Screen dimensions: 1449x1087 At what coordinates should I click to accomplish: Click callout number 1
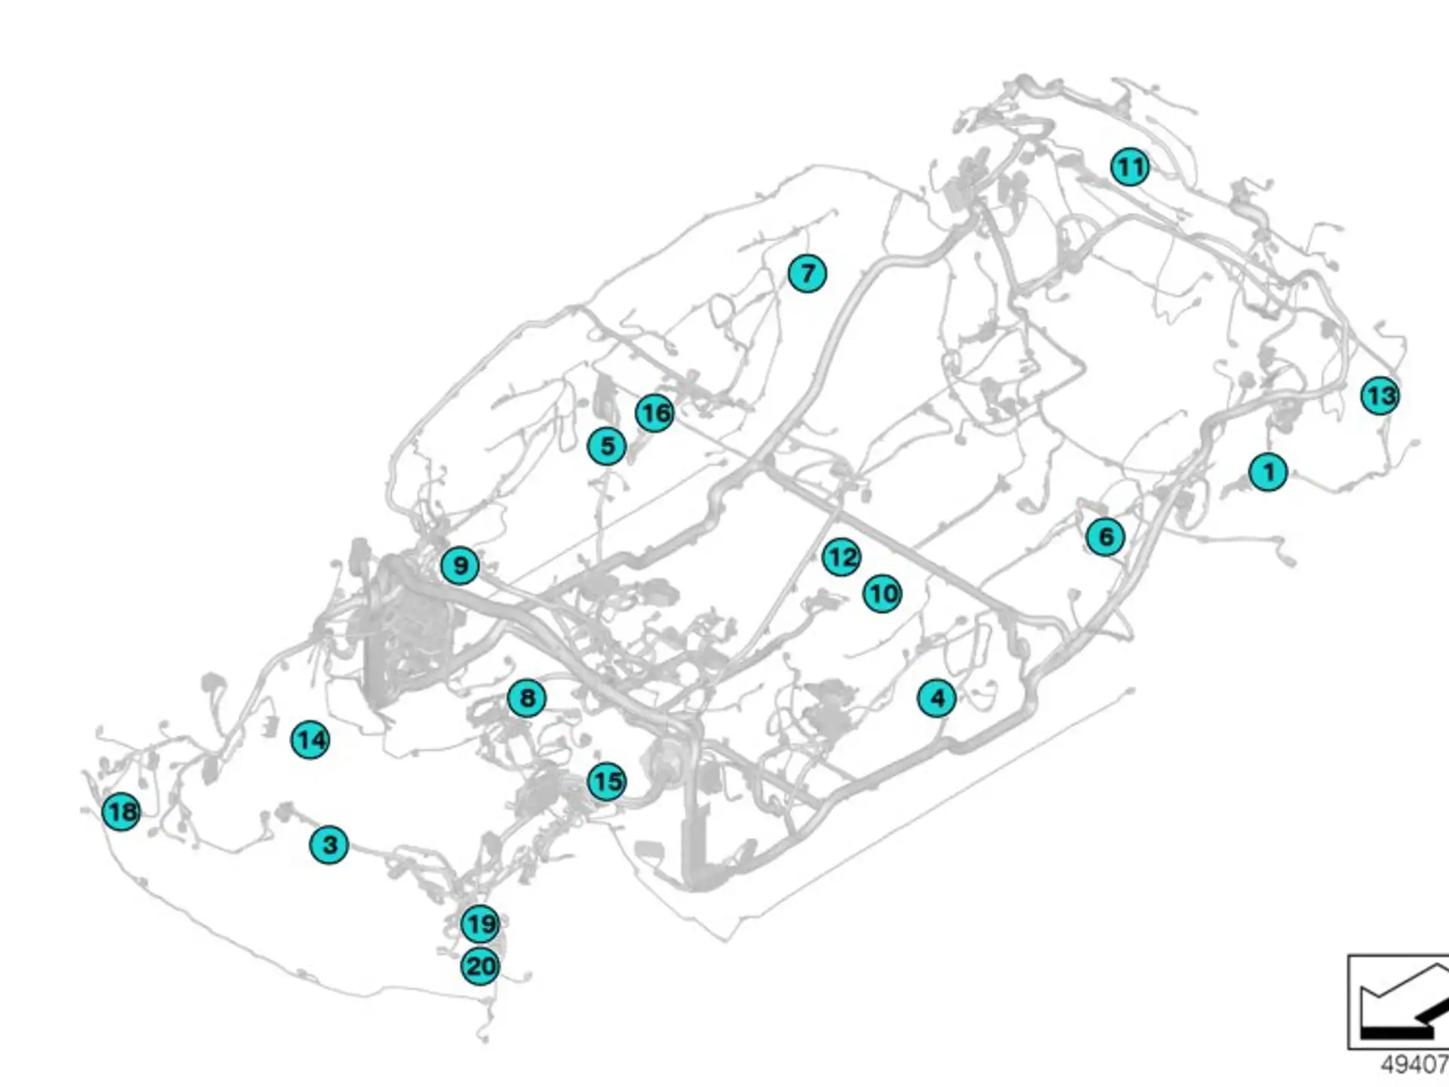pyautogui.click(x=1268, y=472)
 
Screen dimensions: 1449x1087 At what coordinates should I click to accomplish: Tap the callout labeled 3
pyautogui.click(x=329, y=845)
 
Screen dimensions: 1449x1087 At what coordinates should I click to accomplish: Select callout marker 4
pyautogui.click(x=937, y=698)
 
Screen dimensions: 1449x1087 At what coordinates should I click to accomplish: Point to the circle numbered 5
pyautogui.click(x=607, y=446)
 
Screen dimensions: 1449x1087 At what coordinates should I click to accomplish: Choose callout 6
pyautogui.click(x=1106, y=537)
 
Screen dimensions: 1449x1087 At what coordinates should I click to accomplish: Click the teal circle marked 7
pyautogui.click(x=807, y=273)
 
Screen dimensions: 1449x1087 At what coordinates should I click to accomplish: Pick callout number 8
pyautogui.click(x=527, y=698)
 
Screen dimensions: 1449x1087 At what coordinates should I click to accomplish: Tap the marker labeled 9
pyautogui.click(x=460, y=565)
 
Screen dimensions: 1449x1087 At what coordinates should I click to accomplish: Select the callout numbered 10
pyautogui.click(x=882, y=593)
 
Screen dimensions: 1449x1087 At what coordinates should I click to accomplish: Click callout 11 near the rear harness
pyautogui.click(x=1130, y=167)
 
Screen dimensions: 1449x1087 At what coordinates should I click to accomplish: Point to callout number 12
pyautogui.click(x=841, y=557)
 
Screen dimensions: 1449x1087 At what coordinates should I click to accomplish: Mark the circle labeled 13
pyautogui.click(x=1380, y=396)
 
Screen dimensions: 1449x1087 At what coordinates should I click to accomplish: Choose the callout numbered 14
pyautogui.click(x=310, y=740)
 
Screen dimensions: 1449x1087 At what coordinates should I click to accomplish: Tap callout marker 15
pyautogui.click(x=607, y=781)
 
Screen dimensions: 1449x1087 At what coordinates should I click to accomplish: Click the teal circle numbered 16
pyautogui.click(x=654, y=413)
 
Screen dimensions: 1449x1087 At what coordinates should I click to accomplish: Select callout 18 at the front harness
pyautogui.click(x=121, y=812)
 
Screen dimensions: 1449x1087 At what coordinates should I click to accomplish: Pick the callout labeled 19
pyautogui.click(x=480, y=924)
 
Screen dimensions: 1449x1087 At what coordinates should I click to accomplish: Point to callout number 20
pyautogui.click(x=480, y=966)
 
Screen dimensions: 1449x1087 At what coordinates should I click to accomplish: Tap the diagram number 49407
pyautogui.click(x=1414, y=1065)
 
